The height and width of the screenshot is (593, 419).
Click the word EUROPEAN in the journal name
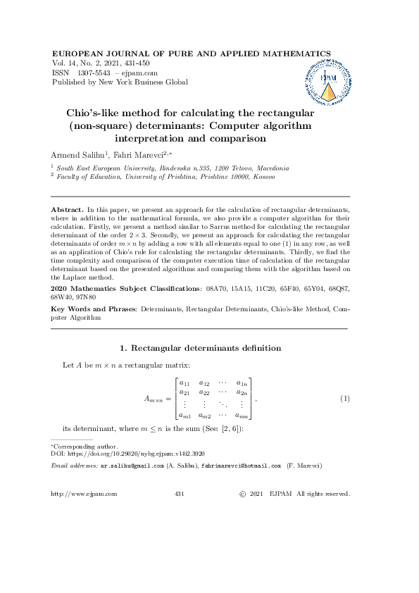coord(80,54)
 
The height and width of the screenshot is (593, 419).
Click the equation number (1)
coord(345,399)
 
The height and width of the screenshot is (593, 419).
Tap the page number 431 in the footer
coord(179,494)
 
